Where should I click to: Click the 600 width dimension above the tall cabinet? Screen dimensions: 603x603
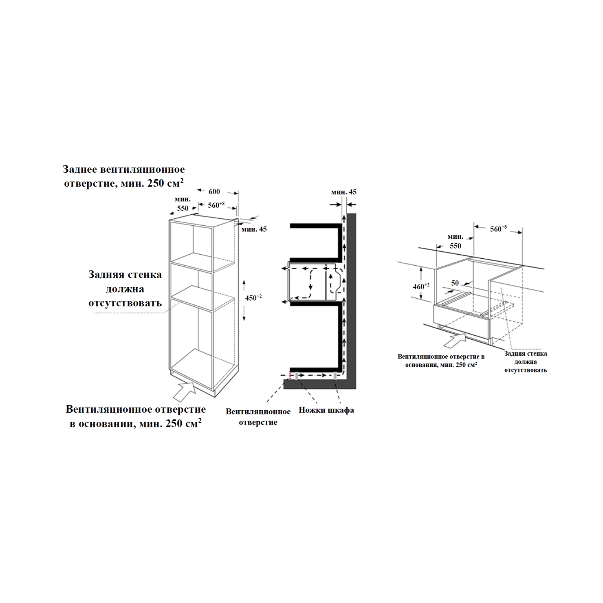(x=214, y=191)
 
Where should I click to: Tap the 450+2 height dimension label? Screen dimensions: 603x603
(x=253, y=298)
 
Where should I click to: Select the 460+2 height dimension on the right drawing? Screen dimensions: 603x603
(x=421, y=286)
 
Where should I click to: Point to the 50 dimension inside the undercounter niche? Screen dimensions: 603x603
(x=455, y=283)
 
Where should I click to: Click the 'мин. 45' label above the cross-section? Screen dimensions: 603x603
(x=344, y=192)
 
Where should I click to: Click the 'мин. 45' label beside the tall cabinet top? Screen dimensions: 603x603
(x=254, y=229)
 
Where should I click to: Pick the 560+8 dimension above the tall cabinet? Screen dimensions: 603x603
(x=216, y=205)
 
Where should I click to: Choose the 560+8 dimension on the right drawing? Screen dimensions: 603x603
(x=498, y=229)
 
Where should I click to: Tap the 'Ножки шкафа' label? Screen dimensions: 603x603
(x=326, y=410)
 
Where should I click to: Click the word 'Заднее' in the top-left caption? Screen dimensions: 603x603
(x=79, y=169)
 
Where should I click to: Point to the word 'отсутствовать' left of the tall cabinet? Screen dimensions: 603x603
(x=125, y=303)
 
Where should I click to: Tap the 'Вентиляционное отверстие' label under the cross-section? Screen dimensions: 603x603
(x=258, y=417)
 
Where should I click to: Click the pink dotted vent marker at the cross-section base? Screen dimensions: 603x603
(x=290, y=375)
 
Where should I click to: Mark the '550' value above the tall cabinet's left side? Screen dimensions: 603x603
(x=183, y=208)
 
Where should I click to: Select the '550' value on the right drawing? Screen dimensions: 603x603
(x=456, y=246)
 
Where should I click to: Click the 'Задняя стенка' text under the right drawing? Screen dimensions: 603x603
(x=526, y=354)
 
